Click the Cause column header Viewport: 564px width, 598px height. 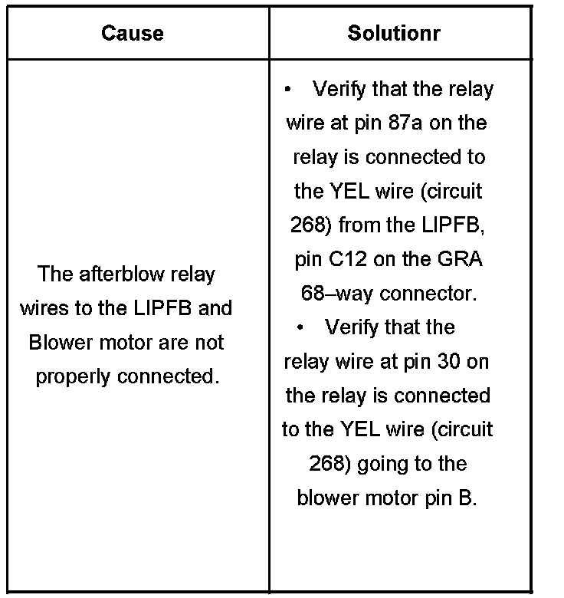point(133,33)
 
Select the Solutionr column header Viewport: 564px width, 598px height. point(394,33)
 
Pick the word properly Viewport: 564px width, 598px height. point(73,376)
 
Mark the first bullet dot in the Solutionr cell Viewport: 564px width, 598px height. point(288,89)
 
